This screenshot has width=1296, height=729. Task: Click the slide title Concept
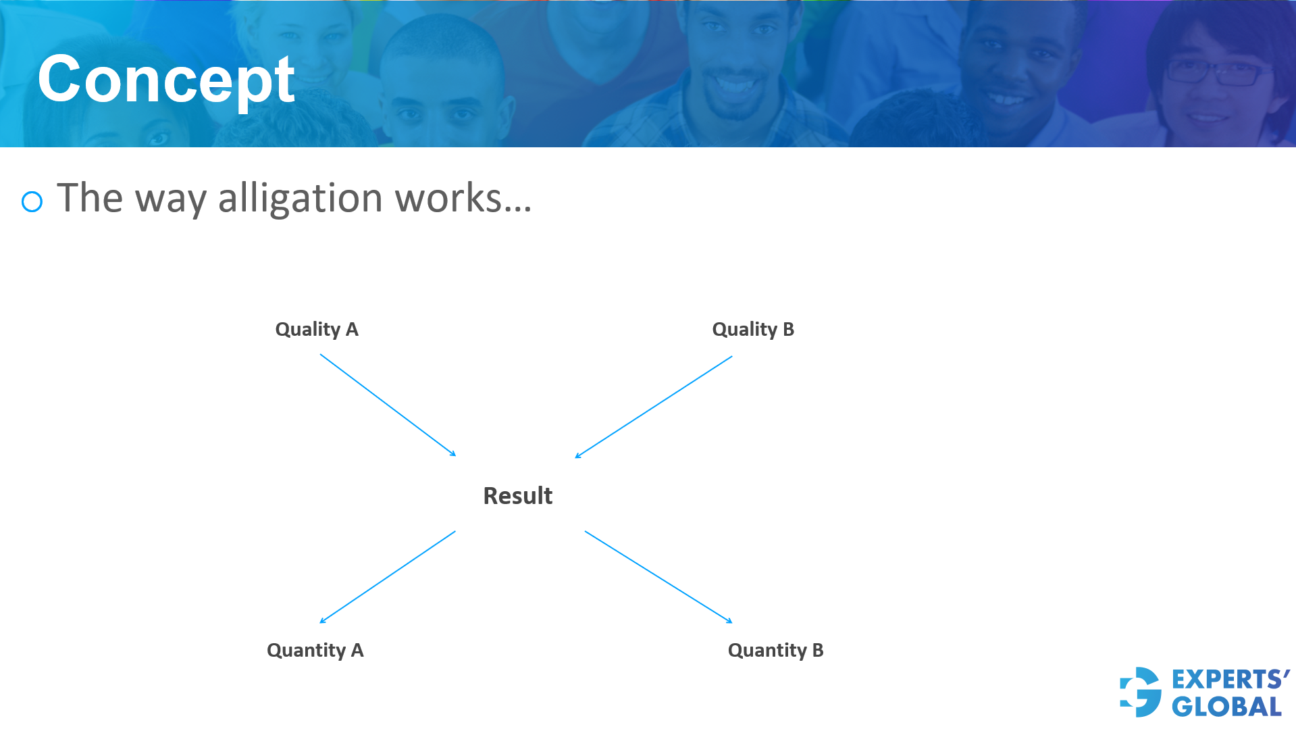click(166, 80)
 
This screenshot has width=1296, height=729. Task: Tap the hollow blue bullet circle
click(32, 201)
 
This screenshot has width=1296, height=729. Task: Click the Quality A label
click(317, 330)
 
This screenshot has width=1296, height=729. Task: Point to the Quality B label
click(753, 330)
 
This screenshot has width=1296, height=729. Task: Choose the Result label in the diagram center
click(518, 496)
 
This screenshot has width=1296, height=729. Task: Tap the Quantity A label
click(315, 651)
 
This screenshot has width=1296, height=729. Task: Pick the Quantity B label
click(775, 651)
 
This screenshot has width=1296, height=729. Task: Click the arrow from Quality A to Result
click(388, 405)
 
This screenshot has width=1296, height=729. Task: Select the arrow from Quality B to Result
click(653, 407)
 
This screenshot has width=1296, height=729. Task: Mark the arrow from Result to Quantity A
click(388, 577)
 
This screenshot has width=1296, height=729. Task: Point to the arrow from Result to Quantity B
click(658, 577)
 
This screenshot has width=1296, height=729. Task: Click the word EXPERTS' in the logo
click(1230, 679)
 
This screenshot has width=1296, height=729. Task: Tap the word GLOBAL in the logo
click(1226, 707)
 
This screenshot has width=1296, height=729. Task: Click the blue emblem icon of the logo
click(1141, 692)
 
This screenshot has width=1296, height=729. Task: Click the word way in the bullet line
click(170, 200)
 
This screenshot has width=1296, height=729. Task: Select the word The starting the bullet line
click(90, 198)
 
